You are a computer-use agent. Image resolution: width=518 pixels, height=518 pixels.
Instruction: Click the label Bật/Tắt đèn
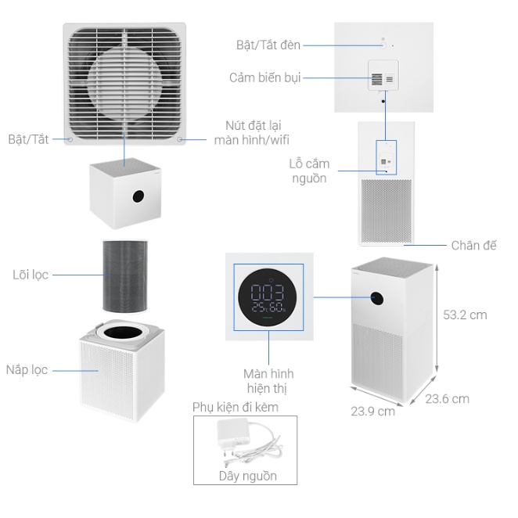[268, 45]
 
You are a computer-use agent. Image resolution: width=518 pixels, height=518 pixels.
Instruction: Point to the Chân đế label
[473, 245]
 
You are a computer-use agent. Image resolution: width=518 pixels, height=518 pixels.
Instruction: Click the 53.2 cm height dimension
[466, 315]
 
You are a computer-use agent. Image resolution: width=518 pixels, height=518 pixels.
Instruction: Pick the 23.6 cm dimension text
[447, 398]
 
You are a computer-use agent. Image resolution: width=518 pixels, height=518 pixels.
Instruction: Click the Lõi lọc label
[31, 275]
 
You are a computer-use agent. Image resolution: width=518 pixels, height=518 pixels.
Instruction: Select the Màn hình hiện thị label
[268, 381]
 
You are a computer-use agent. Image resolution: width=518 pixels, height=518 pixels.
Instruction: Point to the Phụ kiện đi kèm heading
[236, 407]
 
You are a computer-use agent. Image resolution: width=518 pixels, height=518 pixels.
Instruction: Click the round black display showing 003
[268, 296]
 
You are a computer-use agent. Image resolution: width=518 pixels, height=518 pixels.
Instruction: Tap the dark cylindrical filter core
[125, 275]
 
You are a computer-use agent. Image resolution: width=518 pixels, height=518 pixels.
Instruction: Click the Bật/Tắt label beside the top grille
[28, 139]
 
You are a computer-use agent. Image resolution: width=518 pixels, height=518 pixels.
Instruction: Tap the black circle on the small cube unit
[138, 194]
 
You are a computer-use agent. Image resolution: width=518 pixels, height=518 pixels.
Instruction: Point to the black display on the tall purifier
[376, 297]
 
